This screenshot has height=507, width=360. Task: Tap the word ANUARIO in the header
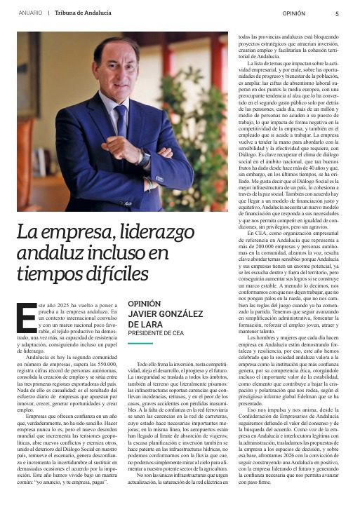click(x=29, y=13)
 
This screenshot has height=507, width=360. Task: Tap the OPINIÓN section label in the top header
click(x=293, y=13)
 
